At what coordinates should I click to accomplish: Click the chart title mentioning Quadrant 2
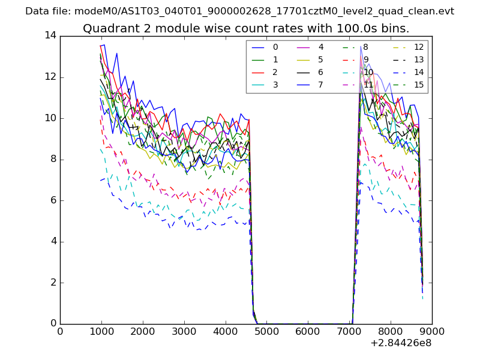[246, 29]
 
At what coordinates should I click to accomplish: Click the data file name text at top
[239, 11]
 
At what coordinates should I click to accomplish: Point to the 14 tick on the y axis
[50, 35]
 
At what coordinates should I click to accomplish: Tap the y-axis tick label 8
[53, 159]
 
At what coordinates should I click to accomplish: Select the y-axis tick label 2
[53, 283]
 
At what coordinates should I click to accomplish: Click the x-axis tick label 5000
[266, 331]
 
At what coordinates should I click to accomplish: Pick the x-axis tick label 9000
[431, 331]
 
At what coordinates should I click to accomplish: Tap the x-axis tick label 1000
[101, 331]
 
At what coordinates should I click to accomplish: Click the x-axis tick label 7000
[349, 331]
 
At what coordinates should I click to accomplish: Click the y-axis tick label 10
[50, 118]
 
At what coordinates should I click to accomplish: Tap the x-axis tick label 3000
[184, 331]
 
